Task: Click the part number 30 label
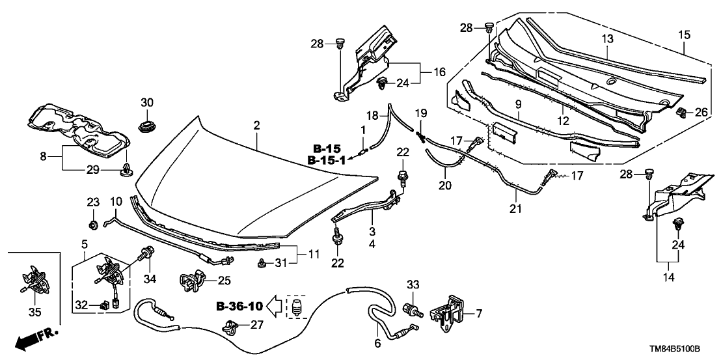[x=146, y=103]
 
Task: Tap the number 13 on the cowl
[x=606, y=39]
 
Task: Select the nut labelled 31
[x=262, y=263]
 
